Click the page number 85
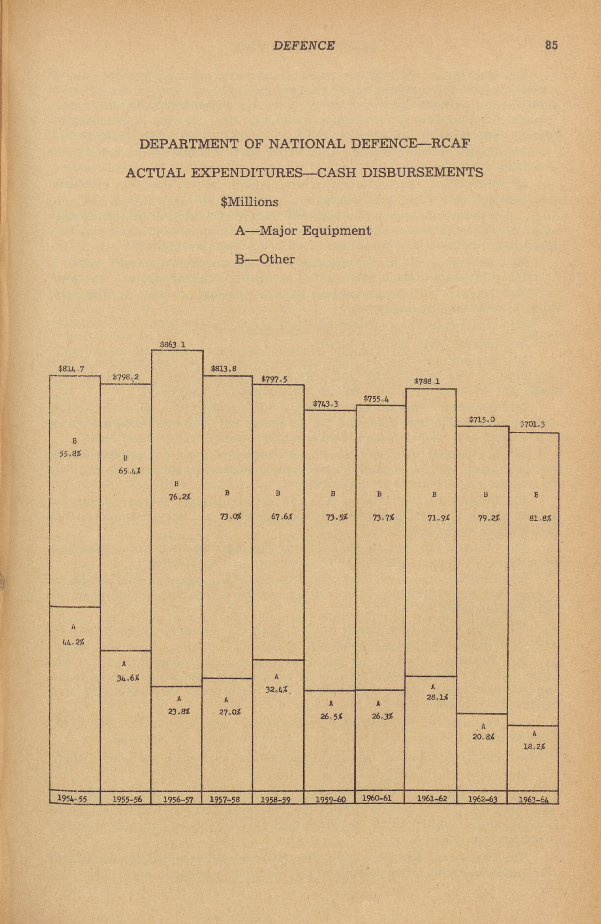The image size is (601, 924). coord(551,45)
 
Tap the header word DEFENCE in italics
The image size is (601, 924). coord(304,46)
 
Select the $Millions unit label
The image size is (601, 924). coord(249,202)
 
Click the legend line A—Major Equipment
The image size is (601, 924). coord(303,231)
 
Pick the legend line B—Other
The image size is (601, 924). coord(265,259)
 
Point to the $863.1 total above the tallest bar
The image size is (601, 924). coord(172,344)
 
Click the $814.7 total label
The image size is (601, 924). coord(71,369)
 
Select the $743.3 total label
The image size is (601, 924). coord(325,404)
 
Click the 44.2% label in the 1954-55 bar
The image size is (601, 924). coord(73,642)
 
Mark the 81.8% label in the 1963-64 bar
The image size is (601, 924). coord(540,518)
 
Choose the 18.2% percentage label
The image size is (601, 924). coord(534,746)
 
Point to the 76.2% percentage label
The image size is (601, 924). coord(180,497)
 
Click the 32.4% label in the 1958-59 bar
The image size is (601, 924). coord(276,690)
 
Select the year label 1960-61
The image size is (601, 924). coord(376,798)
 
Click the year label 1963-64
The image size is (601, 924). coord(534,800)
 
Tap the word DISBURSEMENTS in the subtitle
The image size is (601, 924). coord(422,172)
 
